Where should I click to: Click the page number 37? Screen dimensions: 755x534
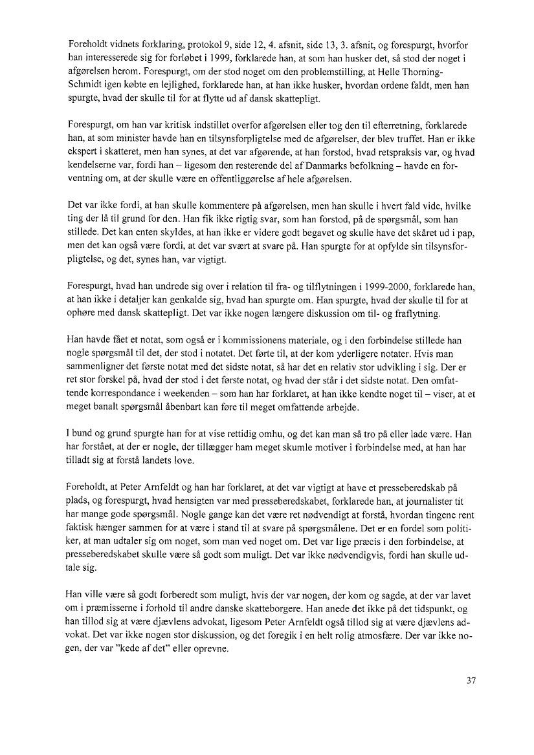pos(471,681)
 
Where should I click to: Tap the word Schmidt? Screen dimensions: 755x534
pos(87,85)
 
